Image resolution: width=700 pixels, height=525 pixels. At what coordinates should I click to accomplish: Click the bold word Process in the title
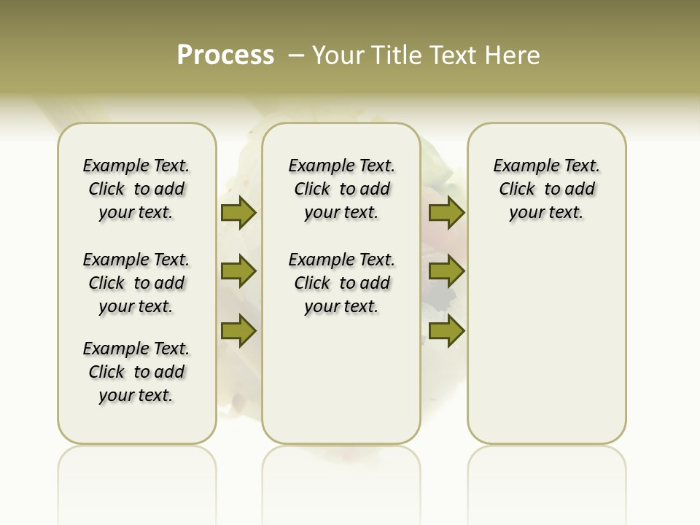tap(225, 55)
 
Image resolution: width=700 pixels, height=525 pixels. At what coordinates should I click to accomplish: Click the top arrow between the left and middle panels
tap(238, 212)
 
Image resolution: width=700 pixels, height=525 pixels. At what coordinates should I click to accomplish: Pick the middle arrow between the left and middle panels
tap(238, 272)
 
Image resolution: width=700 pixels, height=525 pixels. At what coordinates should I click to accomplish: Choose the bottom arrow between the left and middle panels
tap(238, 331)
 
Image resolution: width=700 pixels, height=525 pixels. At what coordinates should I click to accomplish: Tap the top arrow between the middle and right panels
tap(446, 212)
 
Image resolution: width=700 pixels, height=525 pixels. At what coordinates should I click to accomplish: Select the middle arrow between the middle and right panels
tap(446, 272)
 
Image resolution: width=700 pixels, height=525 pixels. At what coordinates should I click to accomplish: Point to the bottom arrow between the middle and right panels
tap(446, 331)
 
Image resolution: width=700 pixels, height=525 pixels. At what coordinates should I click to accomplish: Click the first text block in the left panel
tap(136, 189)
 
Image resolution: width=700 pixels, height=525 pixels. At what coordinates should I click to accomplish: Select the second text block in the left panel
tap(136, 283)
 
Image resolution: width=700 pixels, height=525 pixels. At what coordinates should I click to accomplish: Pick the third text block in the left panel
tap(136, 372)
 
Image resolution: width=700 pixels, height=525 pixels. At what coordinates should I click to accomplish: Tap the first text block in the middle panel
tap(342, 189)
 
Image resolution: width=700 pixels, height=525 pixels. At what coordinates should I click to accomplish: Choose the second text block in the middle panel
tap(342, 283)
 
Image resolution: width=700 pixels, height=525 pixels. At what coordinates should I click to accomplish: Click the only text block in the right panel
tap(547, 189)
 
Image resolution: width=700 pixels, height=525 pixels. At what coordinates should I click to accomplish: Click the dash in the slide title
tap(296, 56)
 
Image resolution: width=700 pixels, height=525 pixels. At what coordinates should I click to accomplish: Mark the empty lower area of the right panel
tap(547, 350)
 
